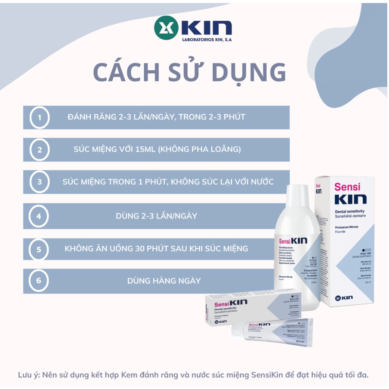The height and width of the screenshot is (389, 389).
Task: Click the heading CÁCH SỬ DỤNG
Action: click(x=189, y=72)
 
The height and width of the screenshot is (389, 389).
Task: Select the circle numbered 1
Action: click(x=40, y=117)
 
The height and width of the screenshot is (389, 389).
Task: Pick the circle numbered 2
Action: click(x=40, y=149)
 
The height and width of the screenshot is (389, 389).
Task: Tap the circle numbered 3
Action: click(x=40, y=182)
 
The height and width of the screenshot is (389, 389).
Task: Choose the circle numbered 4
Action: click(x=40, y=216)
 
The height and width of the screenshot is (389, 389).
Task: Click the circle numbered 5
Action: click(x=40, y=248)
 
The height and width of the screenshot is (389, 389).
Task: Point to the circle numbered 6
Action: click(x=40, y=281)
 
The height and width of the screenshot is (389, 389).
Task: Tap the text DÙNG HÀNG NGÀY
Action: click(x=164, y=281)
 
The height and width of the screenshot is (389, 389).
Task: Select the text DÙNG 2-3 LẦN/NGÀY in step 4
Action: click(x=157, y=216)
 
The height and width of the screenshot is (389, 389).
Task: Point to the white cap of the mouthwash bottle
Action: click(x=302, y=191)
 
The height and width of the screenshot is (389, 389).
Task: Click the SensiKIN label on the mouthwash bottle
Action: click(x=293, y=241)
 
